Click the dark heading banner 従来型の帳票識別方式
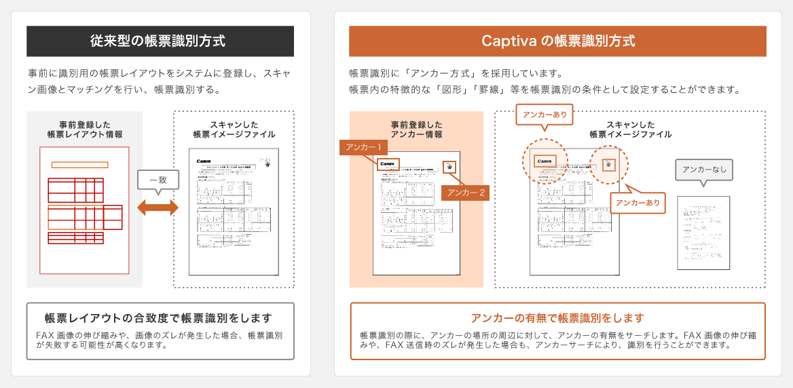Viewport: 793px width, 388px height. pyautogui.click(x=160, y=41)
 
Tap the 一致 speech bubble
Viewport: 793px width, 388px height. pyautogui.click(x=158, y=179)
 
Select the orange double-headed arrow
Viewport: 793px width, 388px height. pyautogui.click(x=158, y=208)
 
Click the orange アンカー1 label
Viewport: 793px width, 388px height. pyautogui.click(x=363, y=147)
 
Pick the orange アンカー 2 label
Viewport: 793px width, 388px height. pyautogui.click(x=465, y=193)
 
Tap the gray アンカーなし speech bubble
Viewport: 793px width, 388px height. pyautogui.click(x=703, y=170)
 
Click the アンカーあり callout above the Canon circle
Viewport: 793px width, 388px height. pyautogui.click(x=545, y=115)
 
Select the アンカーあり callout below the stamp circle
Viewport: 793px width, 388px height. pyautogui.click(x=638, y=203)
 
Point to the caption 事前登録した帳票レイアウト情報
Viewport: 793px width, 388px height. pyautogui.click(x=85, y=130)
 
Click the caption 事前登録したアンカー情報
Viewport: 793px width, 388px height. pyautogui.click(x=416, y=130)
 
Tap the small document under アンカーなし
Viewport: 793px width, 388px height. pyautogui.click(x=703, y=233)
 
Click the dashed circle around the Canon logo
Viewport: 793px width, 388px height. pyautogui.click(x=545, y=162)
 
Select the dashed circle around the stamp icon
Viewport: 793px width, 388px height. pyautogui.click(x=608, y=163)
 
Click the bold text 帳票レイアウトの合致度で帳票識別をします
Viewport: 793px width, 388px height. pyautogui.click(x=158, y=318)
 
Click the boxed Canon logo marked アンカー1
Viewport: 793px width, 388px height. pyautogui.click(x=387, y=164)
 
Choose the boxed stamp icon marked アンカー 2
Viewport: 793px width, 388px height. pyautogui.click(x=449, y=167)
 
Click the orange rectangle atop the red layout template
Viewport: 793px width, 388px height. pyautogui.click(x=79, y=165)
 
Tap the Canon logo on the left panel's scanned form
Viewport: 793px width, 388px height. pyautogui.click(x=204, y=161)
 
